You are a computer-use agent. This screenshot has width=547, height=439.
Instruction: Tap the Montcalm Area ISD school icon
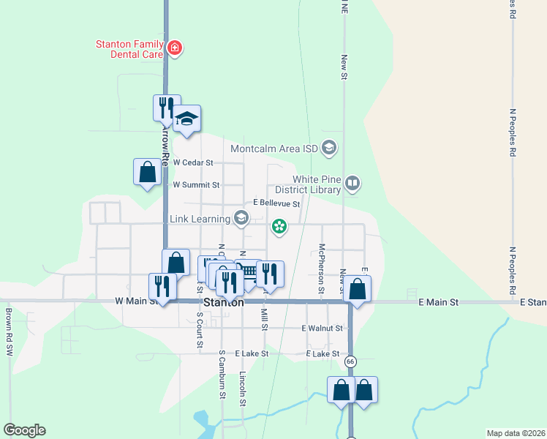point(329,149)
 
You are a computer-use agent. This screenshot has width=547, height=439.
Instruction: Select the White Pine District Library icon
point(352,183)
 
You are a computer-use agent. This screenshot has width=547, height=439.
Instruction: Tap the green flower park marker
point(279,227)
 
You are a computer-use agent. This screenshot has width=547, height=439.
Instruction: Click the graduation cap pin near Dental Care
point(187,120)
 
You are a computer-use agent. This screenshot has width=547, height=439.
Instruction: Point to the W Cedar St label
point(192,162)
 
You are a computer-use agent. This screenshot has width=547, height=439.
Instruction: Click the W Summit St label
point(195,185)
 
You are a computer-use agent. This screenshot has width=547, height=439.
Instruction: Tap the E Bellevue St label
point(276,203)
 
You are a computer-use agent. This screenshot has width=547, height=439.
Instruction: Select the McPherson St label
point(321,270)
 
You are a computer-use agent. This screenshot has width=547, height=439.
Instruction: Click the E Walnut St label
point(322,329)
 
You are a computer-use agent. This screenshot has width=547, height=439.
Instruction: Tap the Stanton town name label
point(224,302)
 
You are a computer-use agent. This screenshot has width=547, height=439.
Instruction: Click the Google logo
point(24,430)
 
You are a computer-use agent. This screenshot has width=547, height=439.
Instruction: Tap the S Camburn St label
point(222,374)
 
